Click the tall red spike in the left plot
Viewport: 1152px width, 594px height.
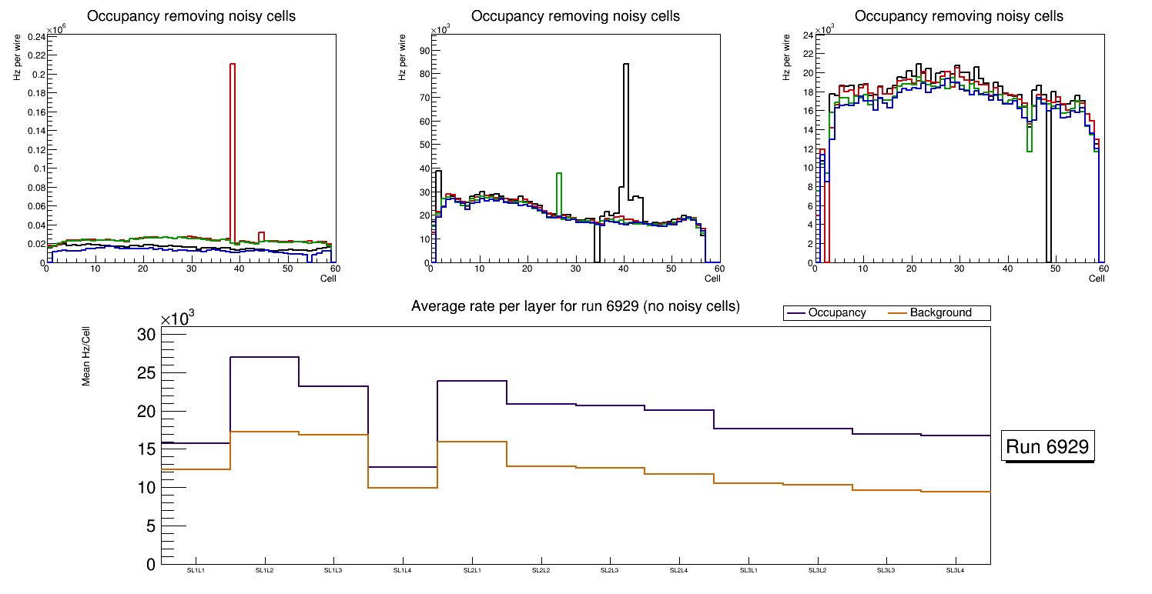click(x=233, y=154)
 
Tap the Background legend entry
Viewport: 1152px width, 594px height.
click(x=940, y=313)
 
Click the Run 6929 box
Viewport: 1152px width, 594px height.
click(x=1047, y=447)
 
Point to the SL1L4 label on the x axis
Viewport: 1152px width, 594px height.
click(x=403, y=570)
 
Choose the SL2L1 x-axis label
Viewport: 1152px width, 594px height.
click(x=472, y=570)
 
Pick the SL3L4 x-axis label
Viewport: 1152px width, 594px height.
click(x=956, y=570)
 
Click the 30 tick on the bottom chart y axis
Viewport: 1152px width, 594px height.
click(x=146, y=335)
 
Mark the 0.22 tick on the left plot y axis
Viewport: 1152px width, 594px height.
click(x=35, y=55)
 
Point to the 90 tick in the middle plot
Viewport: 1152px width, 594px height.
click(x=424, y=50)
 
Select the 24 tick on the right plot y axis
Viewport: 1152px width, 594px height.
click(x=808, y=35)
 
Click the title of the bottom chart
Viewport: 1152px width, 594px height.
click(x=575, y=306)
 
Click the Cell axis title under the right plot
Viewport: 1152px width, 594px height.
click(x=1097, y=279)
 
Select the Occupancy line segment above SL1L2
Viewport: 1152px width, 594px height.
click(x=265, y=357)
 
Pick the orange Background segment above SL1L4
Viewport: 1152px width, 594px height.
click(x=403, y=488)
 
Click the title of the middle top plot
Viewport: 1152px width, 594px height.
click(x=575, y=16)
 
